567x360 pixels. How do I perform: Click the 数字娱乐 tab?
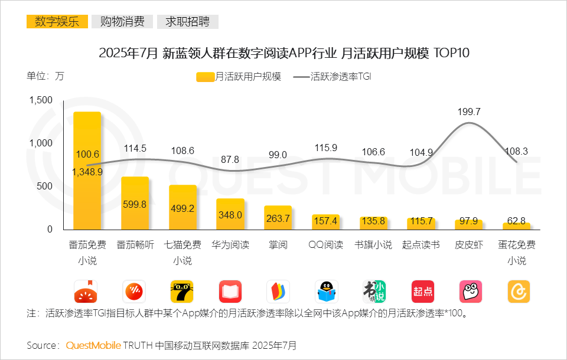[57, 22]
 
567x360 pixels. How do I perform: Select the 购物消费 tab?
[122, 22]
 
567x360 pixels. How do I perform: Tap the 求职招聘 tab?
[187, 22]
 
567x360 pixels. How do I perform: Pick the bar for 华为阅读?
[230, 214]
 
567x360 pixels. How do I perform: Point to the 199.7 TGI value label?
[469, 112]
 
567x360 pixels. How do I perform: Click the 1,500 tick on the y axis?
[41, 100]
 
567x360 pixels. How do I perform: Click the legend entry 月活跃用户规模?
[239, 77]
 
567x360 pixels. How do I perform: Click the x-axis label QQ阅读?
[325, 245]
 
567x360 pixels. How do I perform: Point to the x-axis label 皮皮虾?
[469, 245]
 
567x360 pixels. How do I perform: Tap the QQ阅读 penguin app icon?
[326, 292]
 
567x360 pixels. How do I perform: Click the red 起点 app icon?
[422, 292]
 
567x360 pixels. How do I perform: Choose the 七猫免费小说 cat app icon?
[182, 292]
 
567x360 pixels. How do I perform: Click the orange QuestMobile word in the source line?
[93, 345]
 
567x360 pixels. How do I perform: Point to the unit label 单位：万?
[45, 76]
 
